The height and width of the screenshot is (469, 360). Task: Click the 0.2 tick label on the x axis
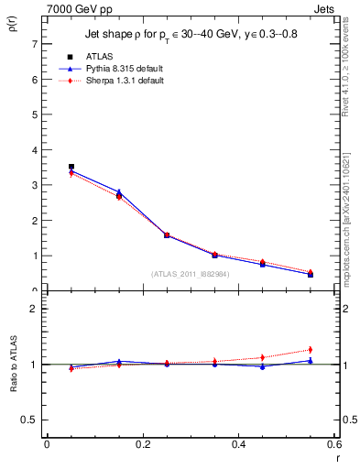pos(142,446)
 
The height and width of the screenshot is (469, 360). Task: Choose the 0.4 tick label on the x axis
pos(238,446)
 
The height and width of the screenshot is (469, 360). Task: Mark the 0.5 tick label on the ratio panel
pos(30,420)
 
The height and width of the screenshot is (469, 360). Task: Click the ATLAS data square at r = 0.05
pos(71,167)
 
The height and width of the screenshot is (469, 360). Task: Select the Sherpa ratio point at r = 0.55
pos(311,349)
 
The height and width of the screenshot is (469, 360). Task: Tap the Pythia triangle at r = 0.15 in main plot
pos(119,191)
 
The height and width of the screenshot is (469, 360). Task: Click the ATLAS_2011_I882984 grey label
pos(190,273)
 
